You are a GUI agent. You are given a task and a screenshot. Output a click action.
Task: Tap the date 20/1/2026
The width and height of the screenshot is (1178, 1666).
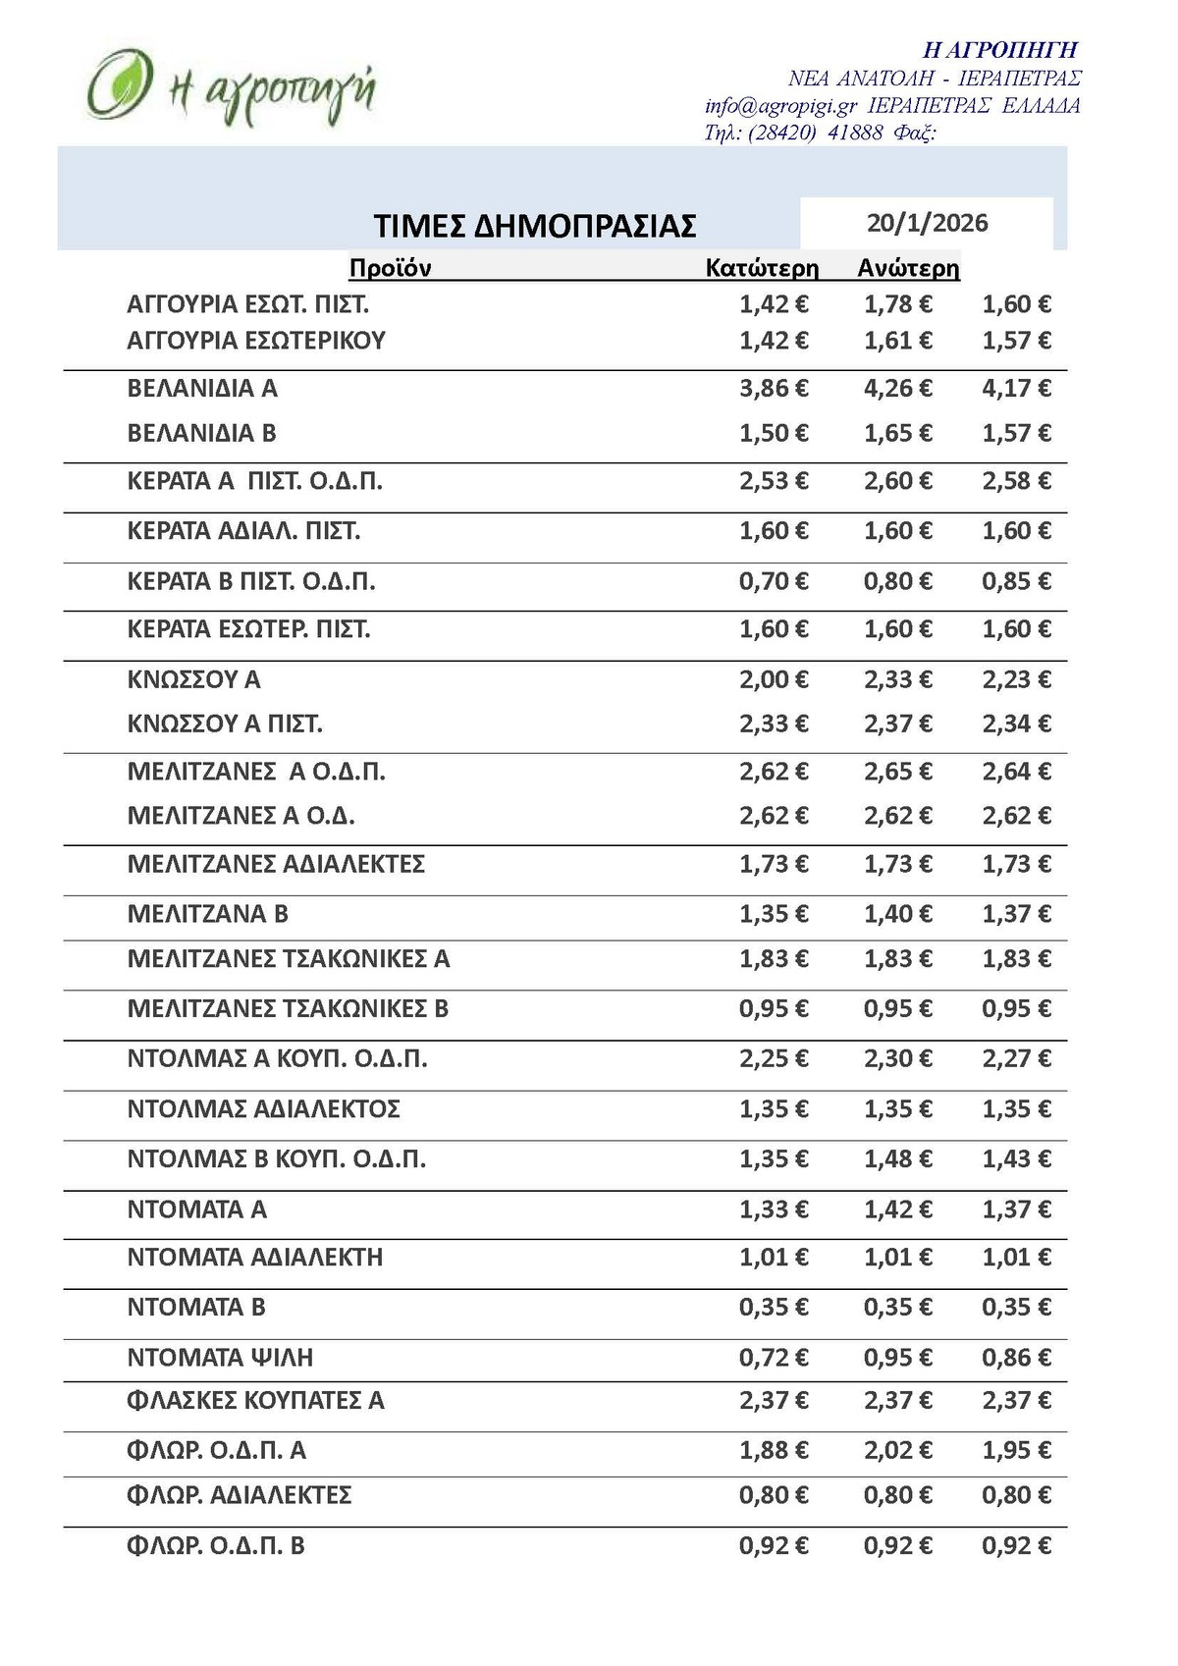click(x=927, y=223)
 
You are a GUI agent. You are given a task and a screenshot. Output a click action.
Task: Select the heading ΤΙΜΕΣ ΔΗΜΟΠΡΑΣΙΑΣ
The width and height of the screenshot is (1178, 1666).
click(x=535, y=226)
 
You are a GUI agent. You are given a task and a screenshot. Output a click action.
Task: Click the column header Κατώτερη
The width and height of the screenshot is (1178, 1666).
click(x=762, y=268)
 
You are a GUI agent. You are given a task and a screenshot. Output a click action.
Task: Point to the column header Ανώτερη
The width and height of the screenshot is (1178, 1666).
click(x=908, y=268)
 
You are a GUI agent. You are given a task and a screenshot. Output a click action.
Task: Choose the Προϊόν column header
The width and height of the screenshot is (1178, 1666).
click(x=390, y=268)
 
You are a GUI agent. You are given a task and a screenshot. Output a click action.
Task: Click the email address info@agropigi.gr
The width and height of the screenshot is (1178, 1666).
click(x=780, y=106)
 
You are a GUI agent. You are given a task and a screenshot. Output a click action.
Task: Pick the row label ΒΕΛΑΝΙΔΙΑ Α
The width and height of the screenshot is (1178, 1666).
click(x=202, y=389)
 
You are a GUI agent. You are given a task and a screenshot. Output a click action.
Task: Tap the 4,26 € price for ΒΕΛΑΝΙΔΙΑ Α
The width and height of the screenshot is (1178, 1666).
click(x=897, y=389)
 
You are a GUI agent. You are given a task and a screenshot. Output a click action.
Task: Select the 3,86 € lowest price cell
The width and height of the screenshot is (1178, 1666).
click(x=774, y=389)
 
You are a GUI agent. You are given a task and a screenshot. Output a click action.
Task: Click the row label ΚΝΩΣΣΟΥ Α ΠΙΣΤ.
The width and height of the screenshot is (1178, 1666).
click(x=225, y=725)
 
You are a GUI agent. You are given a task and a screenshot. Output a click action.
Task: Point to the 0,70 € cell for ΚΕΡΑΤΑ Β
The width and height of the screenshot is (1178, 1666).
click(x=774, y=581)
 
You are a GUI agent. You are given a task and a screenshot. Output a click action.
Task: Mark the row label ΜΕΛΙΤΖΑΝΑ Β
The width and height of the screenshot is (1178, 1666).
click(x=207, y=914)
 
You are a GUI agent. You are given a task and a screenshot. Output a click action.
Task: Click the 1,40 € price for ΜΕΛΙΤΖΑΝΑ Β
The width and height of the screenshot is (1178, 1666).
click(x=897, y=914)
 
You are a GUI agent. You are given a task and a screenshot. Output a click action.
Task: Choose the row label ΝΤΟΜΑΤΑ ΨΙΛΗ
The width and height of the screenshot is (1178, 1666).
click(x=220, y=1358)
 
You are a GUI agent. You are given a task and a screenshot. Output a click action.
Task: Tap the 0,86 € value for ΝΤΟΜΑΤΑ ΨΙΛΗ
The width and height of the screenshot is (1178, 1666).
click(x=1016, y=1358)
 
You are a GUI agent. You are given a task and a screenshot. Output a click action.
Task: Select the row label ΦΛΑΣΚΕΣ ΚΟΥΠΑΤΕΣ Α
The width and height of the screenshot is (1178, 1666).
click(x=255, y=1401)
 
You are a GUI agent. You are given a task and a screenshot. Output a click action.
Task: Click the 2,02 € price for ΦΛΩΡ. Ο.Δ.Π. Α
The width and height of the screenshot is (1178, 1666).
click(x=897, y=1450)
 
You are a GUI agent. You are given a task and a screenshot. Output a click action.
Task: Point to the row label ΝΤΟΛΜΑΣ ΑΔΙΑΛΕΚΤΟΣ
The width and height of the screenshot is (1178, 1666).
click(x=263, y=1109)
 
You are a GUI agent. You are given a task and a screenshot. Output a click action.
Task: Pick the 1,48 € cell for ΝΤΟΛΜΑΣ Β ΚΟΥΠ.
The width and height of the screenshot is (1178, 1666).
click(x=897, y=1159)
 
